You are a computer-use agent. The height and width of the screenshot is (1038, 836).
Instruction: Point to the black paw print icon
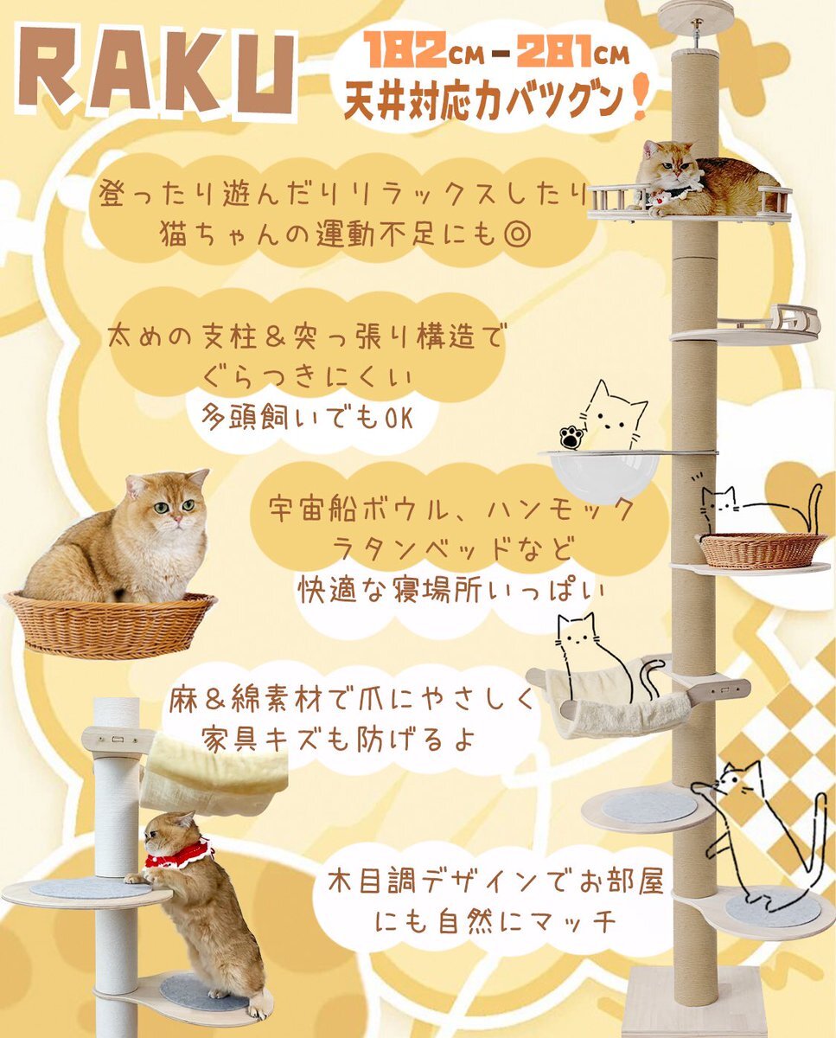571,438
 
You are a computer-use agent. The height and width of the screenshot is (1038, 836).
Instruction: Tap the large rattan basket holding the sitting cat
111,623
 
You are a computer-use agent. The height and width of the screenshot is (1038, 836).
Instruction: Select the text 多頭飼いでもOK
308,416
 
